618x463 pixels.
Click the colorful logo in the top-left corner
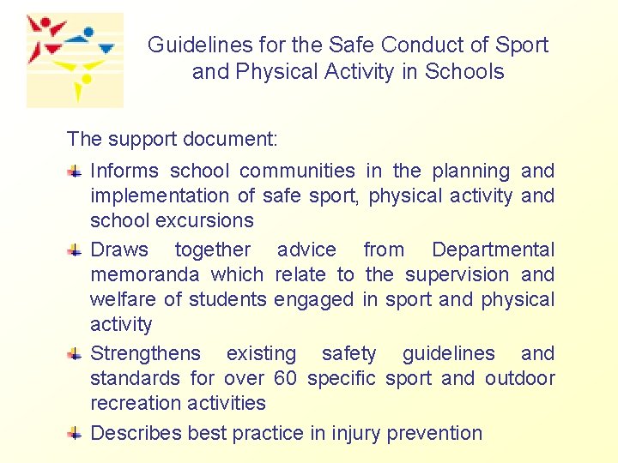pos(74,60)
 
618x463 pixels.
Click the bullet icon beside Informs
pos(76,171)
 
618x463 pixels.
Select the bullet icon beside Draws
pos(76,250)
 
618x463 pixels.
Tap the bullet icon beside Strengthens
pos(76,353)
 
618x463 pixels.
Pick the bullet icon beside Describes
pos(76,433)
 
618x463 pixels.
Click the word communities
pos(297,171)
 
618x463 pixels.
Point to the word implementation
pos(160,195)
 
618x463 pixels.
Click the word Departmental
pos(493,250)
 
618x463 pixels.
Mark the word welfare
pos(119,299)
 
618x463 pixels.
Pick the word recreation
pos(133,403)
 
